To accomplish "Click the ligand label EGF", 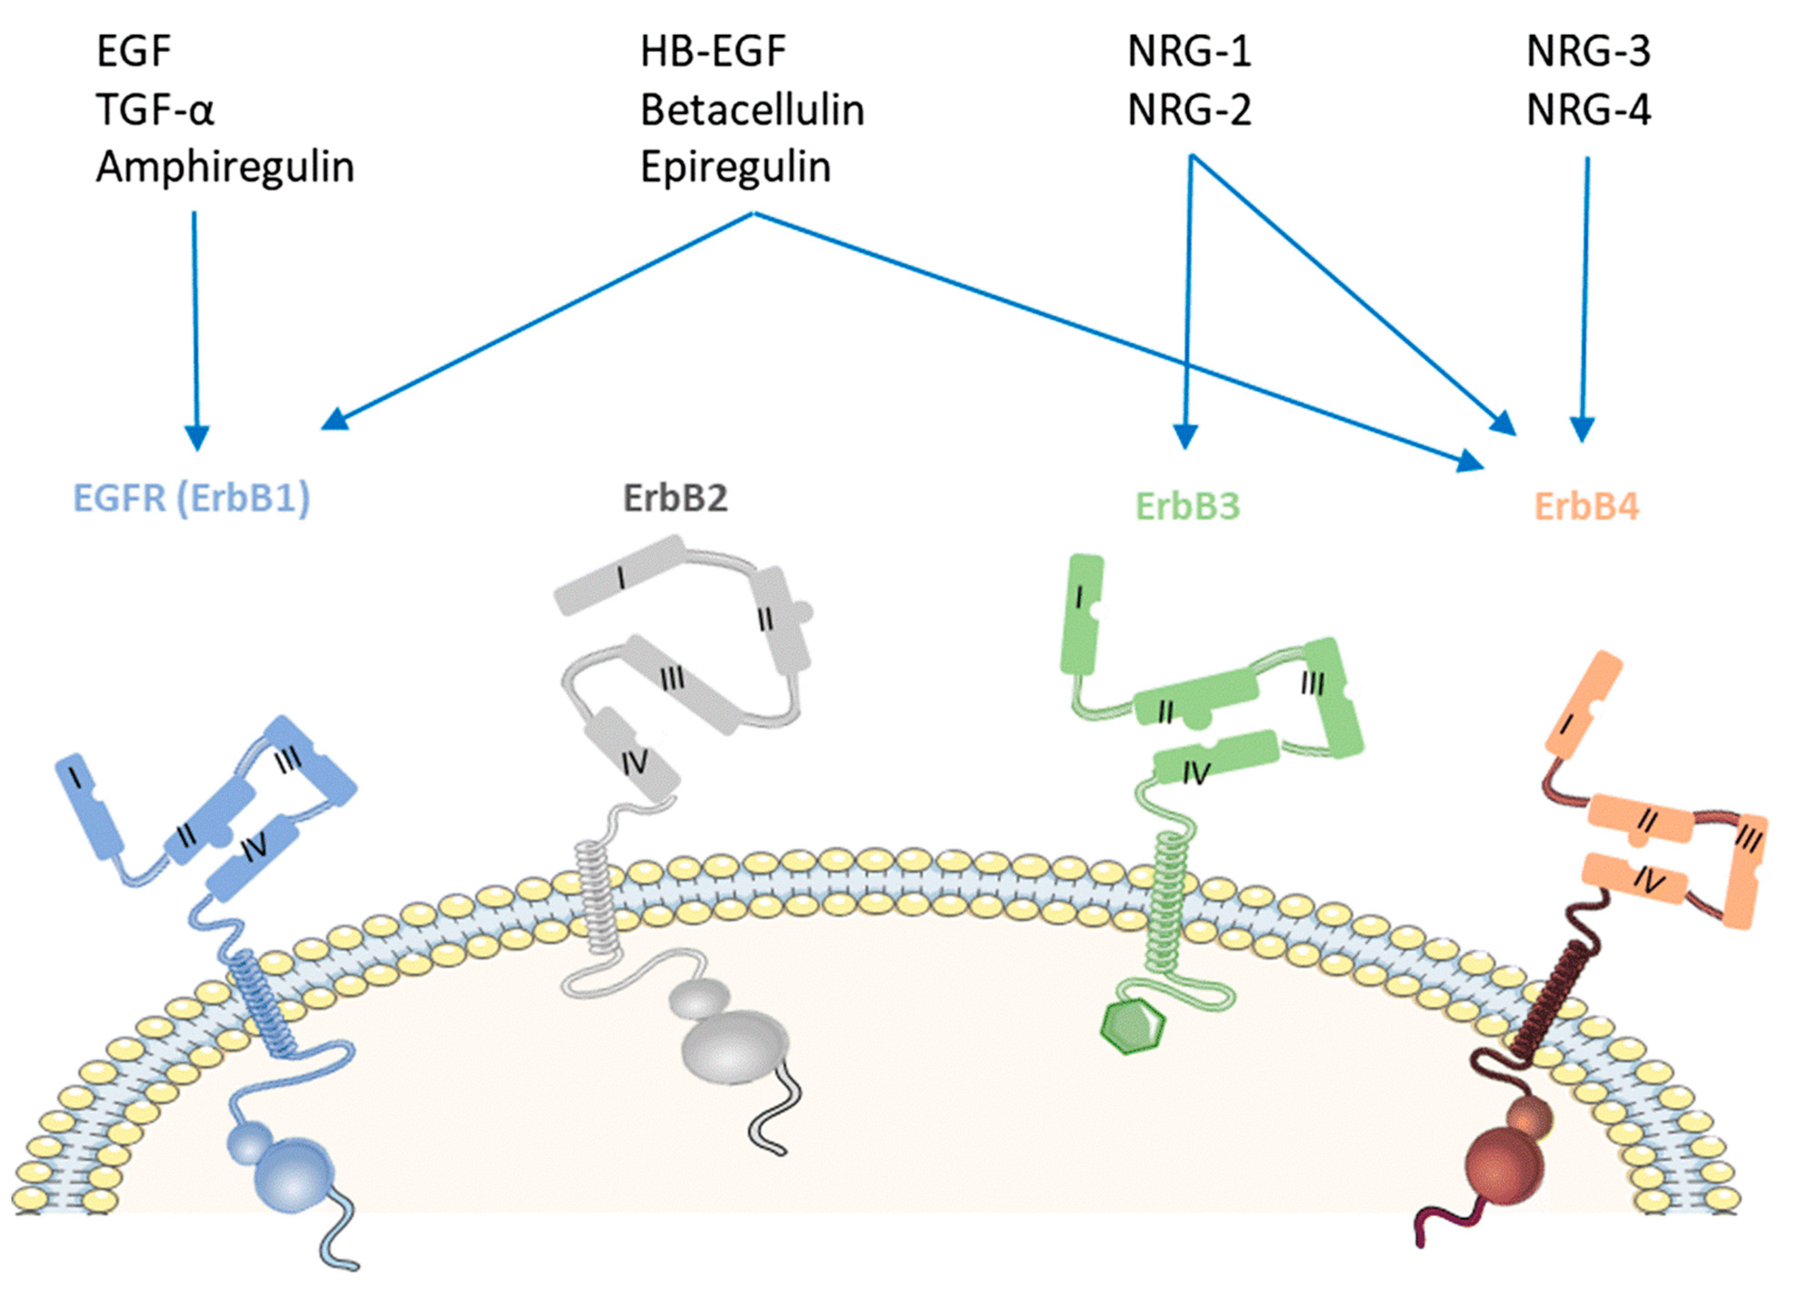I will tap(133, 52).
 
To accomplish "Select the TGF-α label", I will tap(155, 109).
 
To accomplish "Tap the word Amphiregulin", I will tap(225, 167).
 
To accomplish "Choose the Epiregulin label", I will tap(735, 167).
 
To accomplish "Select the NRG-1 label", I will tap(1188, 52).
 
